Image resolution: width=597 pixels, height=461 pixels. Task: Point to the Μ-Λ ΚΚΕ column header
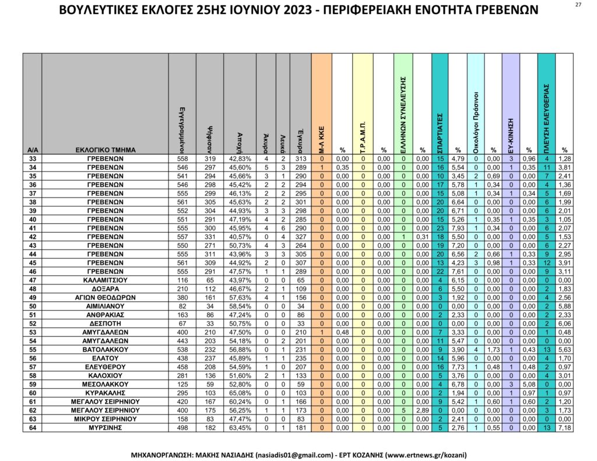pos(321,137)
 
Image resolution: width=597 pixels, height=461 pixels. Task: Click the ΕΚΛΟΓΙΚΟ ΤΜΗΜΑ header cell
pos(106,150)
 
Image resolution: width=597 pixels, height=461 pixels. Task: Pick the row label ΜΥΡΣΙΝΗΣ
pos(106,428)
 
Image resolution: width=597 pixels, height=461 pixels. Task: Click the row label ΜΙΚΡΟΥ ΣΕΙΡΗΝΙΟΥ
pos(106,419)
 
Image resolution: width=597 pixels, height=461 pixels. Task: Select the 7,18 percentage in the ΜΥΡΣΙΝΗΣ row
pos(564,428)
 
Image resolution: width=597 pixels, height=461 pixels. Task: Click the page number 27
pos(578,5)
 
